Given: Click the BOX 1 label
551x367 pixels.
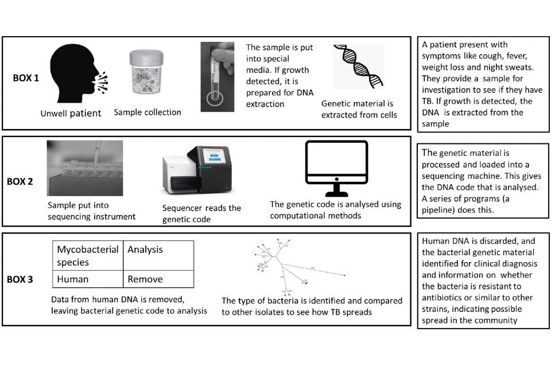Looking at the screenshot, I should [x=26, y=78].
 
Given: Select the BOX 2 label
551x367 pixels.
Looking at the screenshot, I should [x=20, y=182].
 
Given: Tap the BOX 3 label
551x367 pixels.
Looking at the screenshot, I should [x=20, y=280].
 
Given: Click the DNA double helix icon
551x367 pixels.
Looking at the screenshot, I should [x=359, y=66].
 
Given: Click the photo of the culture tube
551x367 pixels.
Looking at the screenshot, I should [x=218, y=77].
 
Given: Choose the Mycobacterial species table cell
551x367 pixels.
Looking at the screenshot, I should [x=88, y=255].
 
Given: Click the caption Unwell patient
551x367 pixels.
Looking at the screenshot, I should [x=71, y=113].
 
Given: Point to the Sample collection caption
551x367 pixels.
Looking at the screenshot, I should [x=148, y=112].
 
